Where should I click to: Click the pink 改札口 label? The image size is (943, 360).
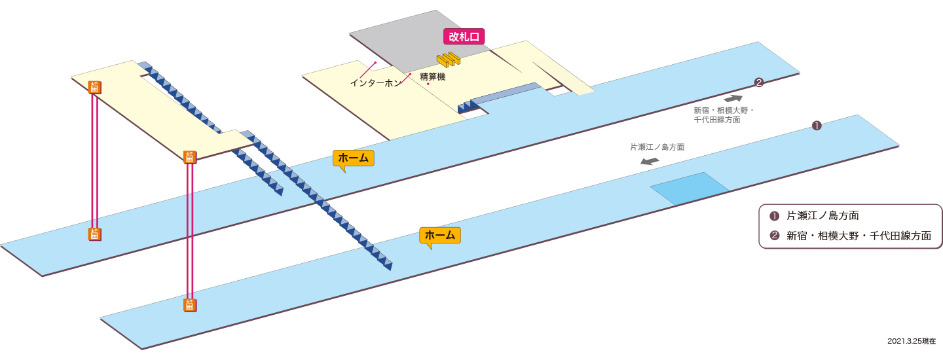464,37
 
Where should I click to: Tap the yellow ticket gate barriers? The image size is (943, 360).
449,60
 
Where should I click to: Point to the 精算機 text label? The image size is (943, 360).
433,77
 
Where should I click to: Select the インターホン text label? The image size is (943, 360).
375,83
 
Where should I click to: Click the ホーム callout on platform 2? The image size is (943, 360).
353,158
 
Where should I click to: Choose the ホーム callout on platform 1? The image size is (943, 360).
440,236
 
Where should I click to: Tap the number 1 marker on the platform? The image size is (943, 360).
817,125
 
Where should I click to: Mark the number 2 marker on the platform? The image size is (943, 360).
758,82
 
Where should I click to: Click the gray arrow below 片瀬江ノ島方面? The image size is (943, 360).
650,161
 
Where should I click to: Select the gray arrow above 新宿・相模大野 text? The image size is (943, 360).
733,99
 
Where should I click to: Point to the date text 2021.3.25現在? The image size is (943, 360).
912,341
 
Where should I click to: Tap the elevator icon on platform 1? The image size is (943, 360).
190,305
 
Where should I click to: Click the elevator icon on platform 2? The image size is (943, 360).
94,234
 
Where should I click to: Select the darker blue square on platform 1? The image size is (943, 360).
690,189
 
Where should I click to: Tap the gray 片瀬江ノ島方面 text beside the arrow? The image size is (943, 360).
657,147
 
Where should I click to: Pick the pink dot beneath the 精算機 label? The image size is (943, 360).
428,84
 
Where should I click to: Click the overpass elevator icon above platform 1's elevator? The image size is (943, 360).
190,157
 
